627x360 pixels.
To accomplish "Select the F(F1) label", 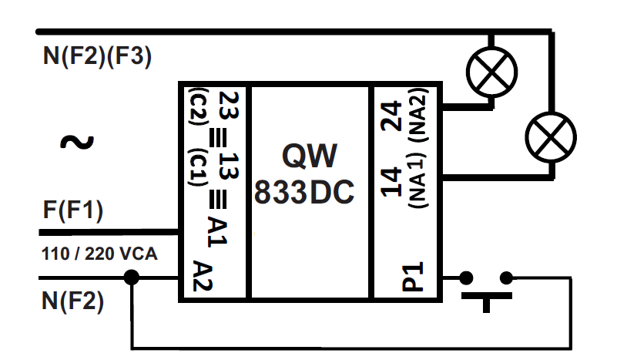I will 73,210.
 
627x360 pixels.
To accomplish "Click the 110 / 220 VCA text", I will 99,253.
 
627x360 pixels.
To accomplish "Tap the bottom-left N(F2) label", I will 72,300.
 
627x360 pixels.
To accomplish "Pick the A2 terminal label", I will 203,275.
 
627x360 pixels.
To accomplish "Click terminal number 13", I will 228,165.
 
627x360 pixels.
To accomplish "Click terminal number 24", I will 392,116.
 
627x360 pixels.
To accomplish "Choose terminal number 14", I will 392,181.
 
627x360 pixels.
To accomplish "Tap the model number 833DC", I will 304,193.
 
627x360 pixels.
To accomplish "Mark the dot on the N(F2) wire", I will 132,278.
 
